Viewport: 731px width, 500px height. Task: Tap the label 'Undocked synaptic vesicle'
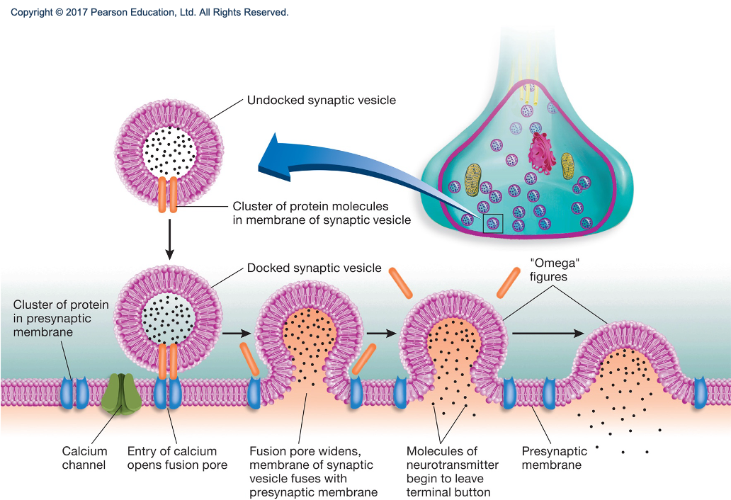click(x=321, y=101)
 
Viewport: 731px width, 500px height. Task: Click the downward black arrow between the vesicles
click(x=169, y=241)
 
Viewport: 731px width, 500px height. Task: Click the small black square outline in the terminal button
click(x=492, y=224)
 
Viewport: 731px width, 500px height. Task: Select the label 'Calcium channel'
click(x=84, y=458)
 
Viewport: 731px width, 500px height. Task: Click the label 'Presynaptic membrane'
click(x=555, y=458)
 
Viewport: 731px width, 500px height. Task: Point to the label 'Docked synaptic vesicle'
click(x=314, y=268)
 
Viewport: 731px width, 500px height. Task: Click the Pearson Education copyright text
click(x=149, y=13)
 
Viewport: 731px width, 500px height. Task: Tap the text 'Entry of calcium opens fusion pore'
click(x=177, y=458)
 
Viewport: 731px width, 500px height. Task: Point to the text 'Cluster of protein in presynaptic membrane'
click(x=61, y=319)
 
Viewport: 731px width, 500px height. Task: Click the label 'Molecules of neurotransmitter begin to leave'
click(x=453, y=465)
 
